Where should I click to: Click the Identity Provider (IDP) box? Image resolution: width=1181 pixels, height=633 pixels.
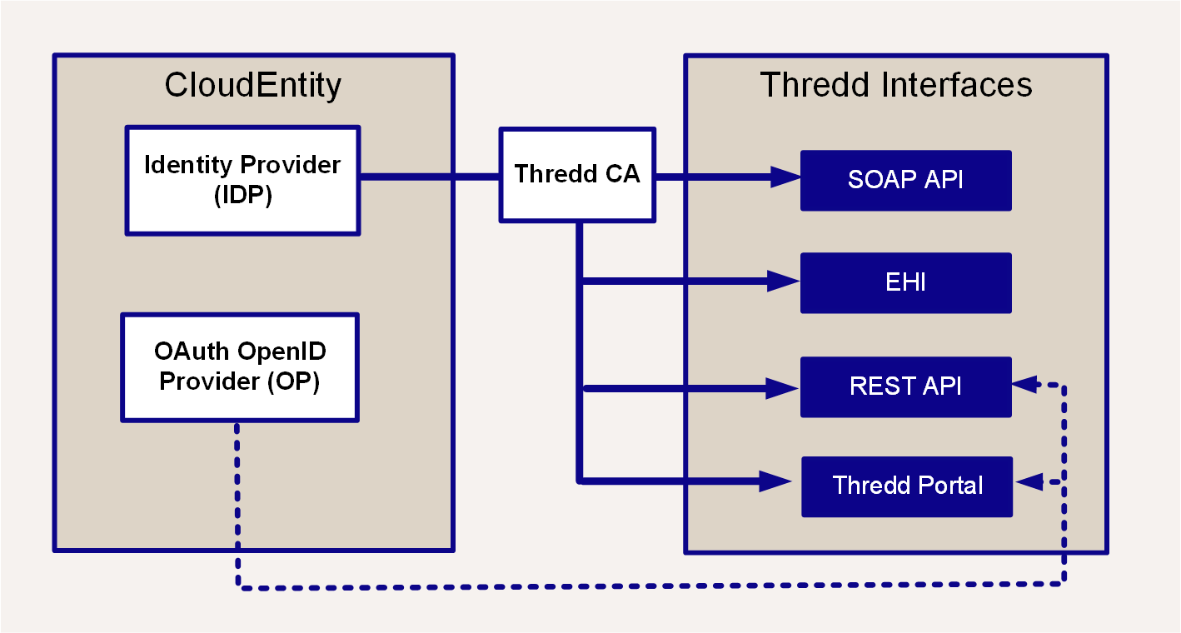click(242, 180)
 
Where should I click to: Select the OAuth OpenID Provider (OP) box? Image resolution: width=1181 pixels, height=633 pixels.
click(240, 367)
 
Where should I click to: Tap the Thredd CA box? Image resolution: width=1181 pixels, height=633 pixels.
click(577, 175)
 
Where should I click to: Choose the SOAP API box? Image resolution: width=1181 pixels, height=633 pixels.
click(906, 180)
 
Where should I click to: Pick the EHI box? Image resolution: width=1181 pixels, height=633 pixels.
click(906, 283)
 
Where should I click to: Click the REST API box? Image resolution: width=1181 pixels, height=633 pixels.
click(906, 386)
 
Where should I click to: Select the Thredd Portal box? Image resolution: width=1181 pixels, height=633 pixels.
click(907, 486)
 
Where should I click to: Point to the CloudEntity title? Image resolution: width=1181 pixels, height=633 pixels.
click(253, 86)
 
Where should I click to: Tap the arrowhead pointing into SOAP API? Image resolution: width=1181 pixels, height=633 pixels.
click(785, 177)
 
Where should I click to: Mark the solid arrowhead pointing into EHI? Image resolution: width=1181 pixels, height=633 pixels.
click(784, 281)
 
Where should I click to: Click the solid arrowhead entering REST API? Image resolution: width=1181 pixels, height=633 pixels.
click(782, 388)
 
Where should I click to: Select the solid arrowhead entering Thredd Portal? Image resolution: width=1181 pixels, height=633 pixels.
click(775, 481)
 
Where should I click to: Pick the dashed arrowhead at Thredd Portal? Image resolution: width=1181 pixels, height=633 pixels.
click(1029, 481)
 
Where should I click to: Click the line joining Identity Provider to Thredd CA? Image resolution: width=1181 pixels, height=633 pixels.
click(430, 177)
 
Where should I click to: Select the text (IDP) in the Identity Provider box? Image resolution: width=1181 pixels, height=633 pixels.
click(243, 195)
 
